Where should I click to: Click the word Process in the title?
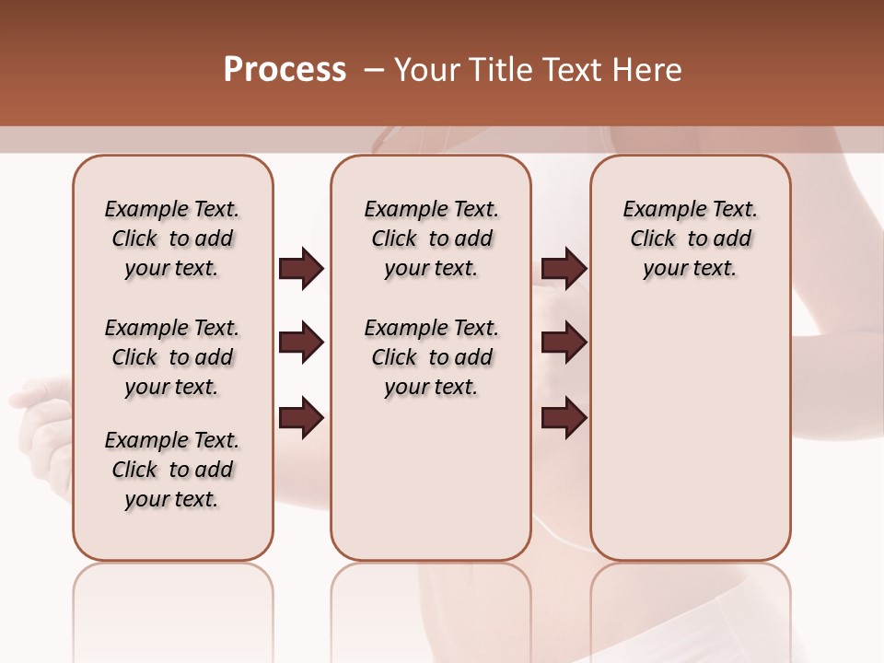[x=285, y=70]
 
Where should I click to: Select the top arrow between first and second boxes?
[x=301, y=269]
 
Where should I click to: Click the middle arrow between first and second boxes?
[x=301, y=343]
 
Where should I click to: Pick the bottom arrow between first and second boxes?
[x=301, y=418]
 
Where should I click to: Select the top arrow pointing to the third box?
[x=564, y=269]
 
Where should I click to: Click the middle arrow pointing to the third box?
[x=564, y=343]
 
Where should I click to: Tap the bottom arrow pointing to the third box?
[x=564, y=418]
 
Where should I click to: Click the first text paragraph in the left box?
[x=172, y=238]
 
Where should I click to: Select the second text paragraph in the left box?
[x=172, y=357]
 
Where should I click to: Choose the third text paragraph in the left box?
[x=172, y=470]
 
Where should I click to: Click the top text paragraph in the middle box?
[x=431, y=238]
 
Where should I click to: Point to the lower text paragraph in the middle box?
[x=431, y=357]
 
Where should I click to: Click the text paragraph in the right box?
[x=690, y=238]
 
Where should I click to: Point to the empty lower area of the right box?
[x=690, y=433]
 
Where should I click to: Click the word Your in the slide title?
[x=425, y=70]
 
